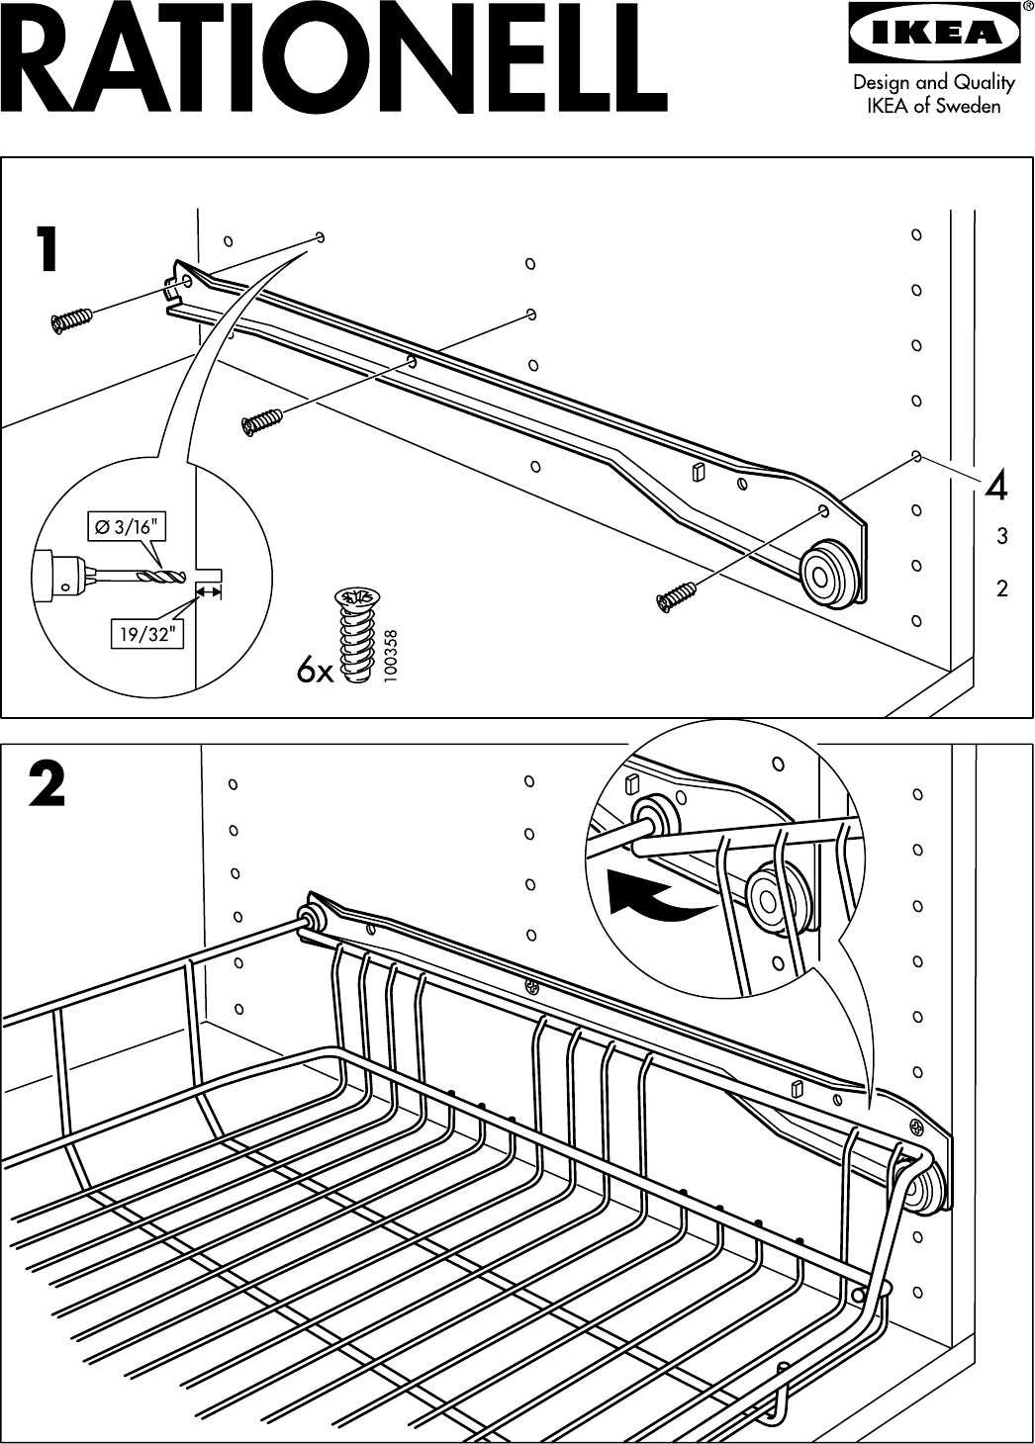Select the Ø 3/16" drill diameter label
[x=126, y=527]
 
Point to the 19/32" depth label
[x=146, y=635]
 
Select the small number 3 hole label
[x=1002, y=537]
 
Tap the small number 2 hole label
[x=1002, y=589]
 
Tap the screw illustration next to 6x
[x=355, y=633]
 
